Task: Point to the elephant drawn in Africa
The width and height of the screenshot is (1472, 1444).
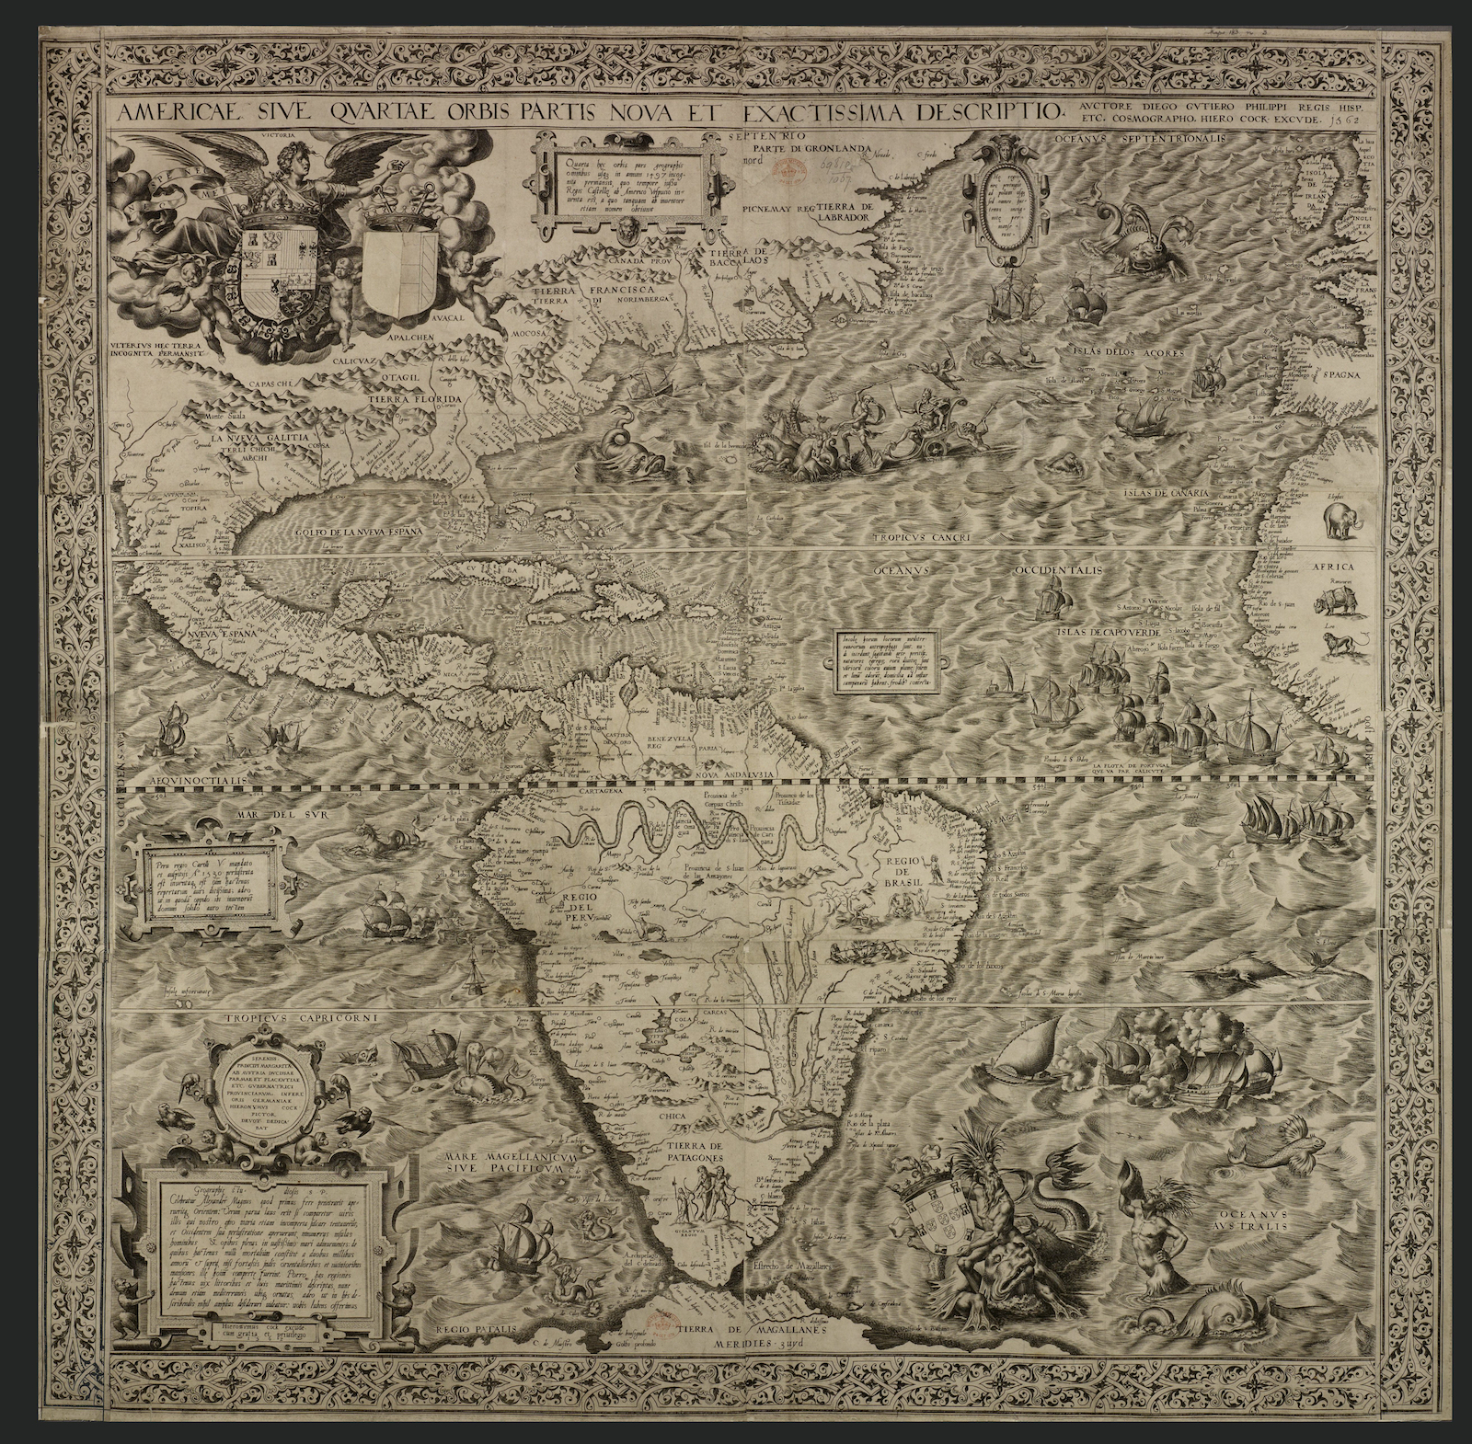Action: [1340, 521]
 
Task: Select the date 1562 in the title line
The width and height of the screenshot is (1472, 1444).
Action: [1355, 120]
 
